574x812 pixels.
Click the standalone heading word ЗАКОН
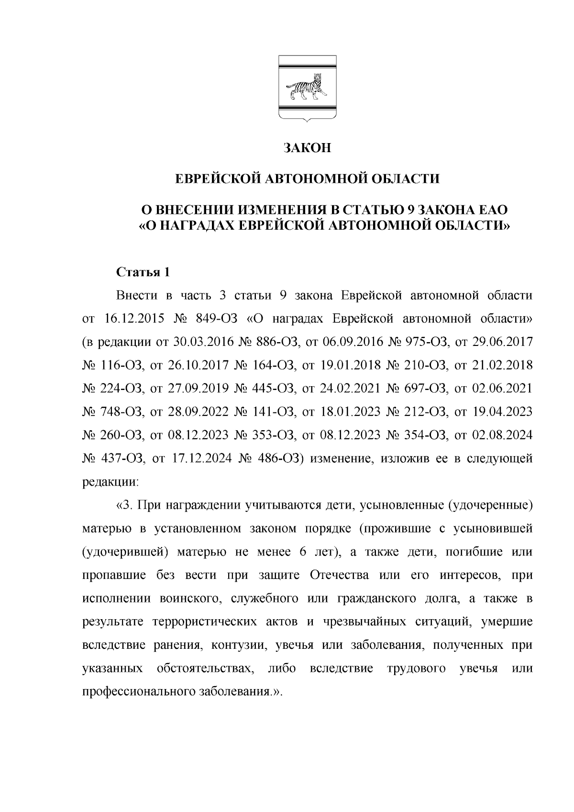click(x=307, y=148)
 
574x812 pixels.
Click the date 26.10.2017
click(x=194, y=366)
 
